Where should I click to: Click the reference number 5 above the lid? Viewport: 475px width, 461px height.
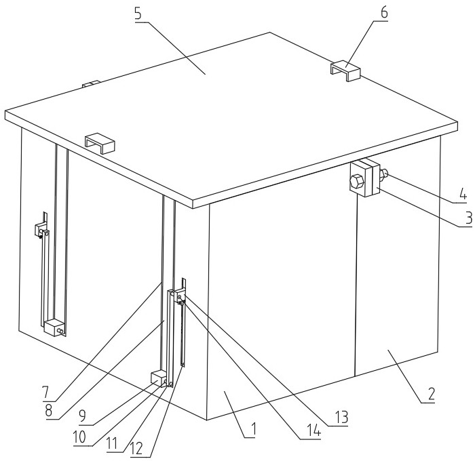(138, 14)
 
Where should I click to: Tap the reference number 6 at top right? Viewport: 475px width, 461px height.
(384, 13)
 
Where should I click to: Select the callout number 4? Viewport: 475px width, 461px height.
(463, 194)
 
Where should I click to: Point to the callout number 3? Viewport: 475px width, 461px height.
(469, 218)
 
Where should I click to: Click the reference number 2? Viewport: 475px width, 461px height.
(431, 394)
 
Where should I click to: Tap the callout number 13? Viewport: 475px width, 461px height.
(341, 418)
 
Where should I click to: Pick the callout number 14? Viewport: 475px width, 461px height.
(313, 430)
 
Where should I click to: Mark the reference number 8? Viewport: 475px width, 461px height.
(48, 411)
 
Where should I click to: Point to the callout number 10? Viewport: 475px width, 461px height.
(79, 437)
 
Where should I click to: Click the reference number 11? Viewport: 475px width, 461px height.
(112, 444)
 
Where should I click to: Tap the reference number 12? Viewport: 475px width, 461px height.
(136, 449)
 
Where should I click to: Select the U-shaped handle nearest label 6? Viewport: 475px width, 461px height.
(345, 71)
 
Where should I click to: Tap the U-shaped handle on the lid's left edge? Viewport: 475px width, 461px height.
(100, 143)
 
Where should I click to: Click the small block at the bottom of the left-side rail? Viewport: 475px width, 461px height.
(54, 327)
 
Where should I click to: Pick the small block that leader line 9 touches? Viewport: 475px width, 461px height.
(159, 378)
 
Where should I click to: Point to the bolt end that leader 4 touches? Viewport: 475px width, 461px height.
(384, 173)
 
